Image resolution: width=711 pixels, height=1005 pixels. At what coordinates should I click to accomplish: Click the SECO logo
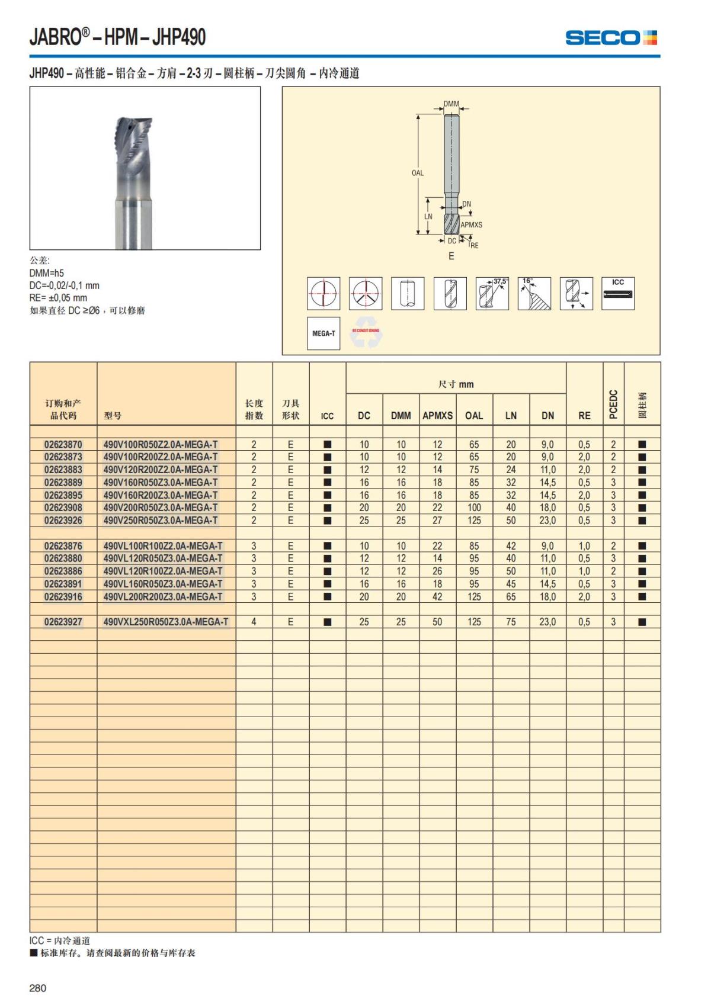click(611, 38)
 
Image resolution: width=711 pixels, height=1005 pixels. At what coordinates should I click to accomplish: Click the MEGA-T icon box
click(324, 333)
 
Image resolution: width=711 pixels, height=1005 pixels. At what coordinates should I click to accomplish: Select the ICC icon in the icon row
click(618, 293)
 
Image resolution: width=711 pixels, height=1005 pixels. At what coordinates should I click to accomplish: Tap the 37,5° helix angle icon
click(492, 293)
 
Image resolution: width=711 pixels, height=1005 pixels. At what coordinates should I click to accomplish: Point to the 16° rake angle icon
click(534, 293)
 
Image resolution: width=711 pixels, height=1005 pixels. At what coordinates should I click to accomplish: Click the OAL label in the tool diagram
click(418, 173)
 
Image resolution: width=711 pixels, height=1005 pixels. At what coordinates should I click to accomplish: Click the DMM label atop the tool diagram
click(451, 104)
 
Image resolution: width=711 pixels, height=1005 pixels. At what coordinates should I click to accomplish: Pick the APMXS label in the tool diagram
click(472, 225)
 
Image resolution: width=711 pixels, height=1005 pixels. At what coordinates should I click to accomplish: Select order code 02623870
click(63, 444)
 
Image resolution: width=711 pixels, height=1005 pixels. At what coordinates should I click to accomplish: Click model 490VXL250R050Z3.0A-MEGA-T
click(166, 622)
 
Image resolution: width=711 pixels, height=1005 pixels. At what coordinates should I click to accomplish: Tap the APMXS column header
click(437, 416)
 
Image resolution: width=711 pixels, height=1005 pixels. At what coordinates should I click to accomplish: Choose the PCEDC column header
click(613, 404)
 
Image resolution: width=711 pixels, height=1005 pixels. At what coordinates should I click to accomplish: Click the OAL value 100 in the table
click(474, 508)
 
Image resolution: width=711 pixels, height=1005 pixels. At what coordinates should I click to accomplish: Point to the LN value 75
click(511, 622)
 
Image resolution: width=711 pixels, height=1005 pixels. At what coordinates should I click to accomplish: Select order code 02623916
click(63, 596)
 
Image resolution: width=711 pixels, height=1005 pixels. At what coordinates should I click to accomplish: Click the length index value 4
click(254, 622)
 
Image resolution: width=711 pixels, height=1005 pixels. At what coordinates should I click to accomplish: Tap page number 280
click(38, 988)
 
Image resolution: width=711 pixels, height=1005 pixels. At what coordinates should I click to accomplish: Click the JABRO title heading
click(118, 37)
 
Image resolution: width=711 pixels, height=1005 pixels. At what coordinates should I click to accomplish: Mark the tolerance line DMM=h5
click(47, 273)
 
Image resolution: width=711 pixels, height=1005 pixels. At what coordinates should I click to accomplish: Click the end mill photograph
click(145, 168)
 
